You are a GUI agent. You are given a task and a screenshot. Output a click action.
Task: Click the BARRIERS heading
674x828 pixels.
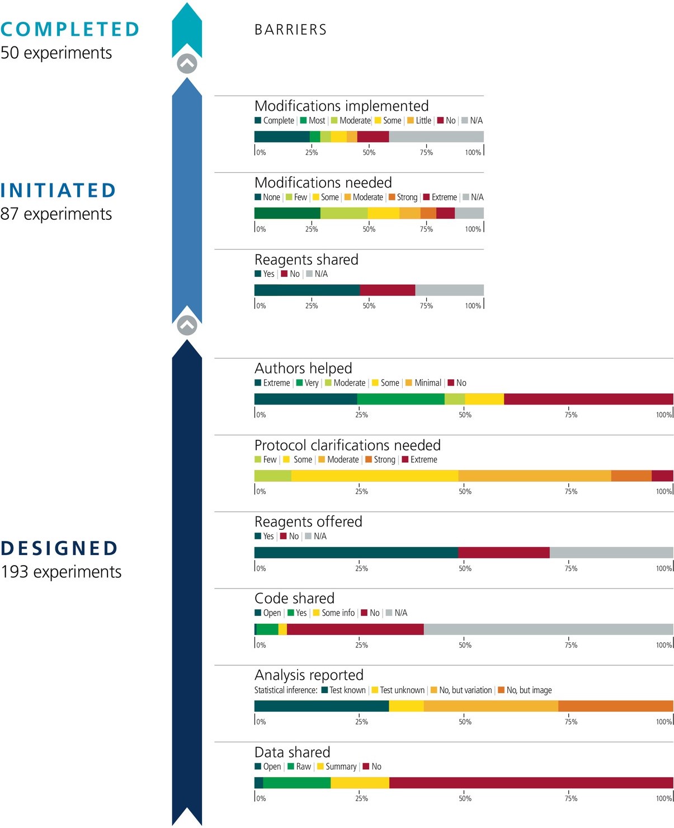pyautogui.click(x=290, y=30)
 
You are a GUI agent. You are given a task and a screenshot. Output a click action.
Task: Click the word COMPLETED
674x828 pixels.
pyautogui.click(x=70, y=29)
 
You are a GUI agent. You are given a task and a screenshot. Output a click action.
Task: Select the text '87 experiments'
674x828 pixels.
pyautogui.click(x=56, y=214)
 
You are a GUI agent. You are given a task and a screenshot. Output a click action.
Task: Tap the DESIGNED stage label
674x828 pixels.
pyautogui.click(x=59, y=548)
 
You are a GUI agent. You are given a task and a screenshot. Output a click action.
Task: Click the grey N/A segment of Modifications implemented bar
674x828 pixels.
pyautogui.click(x=436, y=137)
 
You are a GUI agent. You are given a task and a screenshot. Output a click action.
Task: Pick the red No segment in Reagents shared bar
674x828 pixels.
pyautogui.click(x=387, y=290)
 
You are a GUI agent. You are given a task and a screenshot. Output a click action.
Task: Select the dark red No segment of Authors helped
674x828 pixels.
pyautogui.click(x=588, y=399)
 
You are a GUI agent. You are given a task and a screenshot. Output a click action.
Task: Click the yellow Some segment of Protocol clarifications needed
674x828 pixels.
pyautogui.click(x=375, y=476)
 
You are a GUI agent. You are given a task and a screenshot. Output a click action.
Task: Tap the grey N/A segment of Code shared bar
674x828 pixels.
pyautogui.click(x=548, y=629)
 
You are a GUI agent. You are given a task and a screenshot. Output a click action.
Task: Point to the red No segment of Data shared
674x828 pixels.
pyautogui.click(x=531, y=782)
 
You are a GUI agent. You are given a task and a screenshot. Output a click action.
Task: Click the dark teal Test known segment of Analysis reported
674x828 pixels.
pyautogui.click(x=322, y=705)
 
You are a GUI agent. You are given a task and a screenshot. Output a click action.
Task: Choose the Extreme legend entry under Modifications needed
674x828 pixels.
pyautogui.click(x=440, y=197)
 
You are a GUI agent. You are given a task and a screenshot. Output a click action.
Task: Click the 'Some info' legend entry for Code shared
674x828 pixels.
pyautogui.click(x=334, y=613)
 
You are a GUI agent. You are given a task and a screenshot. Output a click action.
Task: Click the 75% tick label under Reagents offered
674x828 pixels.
pyautogui.click(x=571, y=568)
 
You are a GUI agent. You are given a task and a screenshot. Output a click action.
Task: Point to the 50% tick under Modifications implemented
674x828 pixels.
pyautogui.click(x=369, y=152)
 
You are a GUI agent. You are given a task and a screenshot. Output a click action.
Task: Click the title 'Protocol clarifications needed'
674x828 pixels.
pyautogui.click(x=347, y=445)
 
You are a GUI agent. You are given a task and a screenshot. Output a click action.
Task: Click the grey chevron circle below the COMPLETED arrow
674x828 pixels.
pyautogui.click(x=187, y=64)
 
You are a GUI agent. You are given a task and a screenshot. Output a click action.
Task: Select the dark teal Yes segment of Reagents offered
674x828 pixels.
pyautogui.click(x=356, y=552)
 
